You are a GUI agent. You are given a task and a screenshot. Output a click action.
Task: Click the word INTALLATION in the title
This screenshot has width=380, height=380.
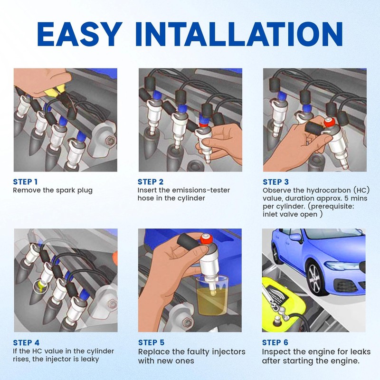coord(239,34)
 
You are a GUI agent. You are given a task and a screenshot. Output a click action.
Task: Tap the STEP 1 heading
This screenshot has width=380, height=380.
coord(25,182)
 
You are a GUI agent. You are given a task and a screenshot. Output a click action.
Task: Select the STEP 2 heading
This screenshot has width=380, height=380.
coord(151,182)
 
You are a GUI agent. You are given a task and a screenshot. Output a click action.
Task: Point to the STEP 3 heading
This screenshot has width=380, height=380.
coord(275,182)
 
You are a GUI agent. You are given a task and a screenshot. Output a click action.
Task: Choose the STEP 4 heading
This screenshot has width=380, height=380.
coord(26,342)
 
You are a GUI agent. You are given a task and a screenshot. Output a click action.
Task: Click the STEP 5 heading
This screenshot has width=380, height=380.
coord(151,342)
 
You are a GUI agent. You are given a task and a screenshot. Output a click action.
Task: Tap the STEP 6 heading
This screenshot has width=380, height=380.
coord(275,342)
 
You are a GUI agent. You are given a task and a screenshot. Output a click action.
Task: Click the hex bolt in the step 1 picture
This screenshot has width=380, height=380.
coord(111,140)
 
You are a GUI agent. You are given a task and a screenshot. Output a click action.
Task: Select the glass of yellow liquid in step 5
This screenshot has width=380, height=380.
coord(212,296)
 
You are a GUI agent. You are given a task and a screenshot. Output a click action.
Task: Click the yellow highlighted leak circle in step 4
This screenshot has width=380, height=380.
coord(40,287)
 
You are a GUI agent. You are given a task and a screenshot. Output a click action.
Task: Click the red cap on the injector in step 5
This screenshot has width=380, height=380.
coord(207,238)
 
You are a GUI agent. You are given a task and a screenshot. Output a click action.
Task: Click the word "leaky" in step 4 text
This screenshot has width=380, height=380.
coord(90,359)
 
